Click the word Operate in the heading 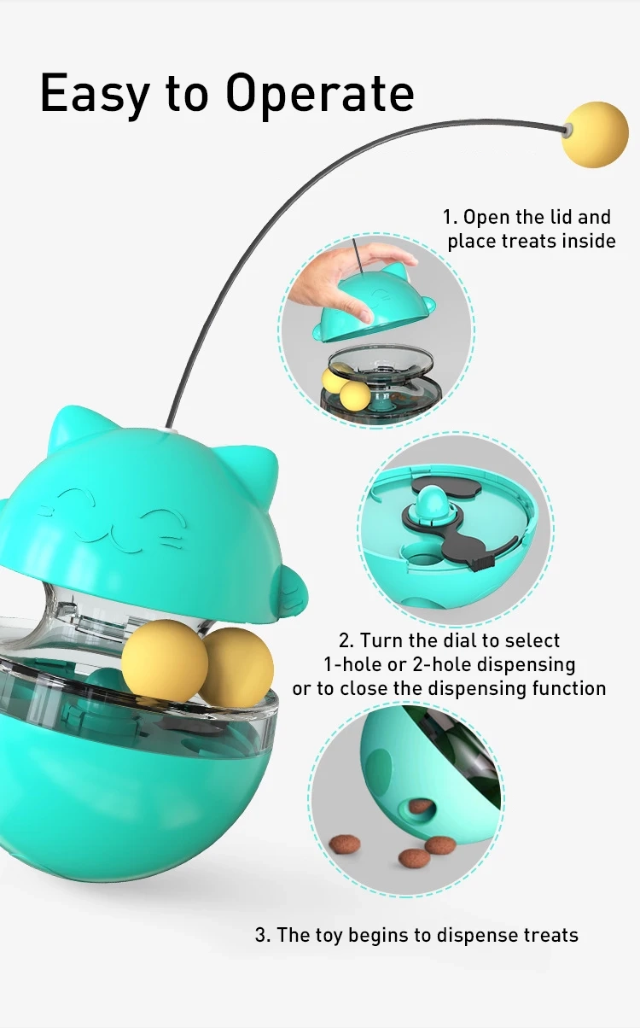(320, 93)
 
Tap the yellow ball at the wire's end (595, 134)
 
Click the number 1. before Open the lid (450, 217)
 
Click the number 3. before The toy (262, 934)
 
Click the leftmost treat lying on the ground (345, 844)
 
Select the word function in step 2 (569, 688)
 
